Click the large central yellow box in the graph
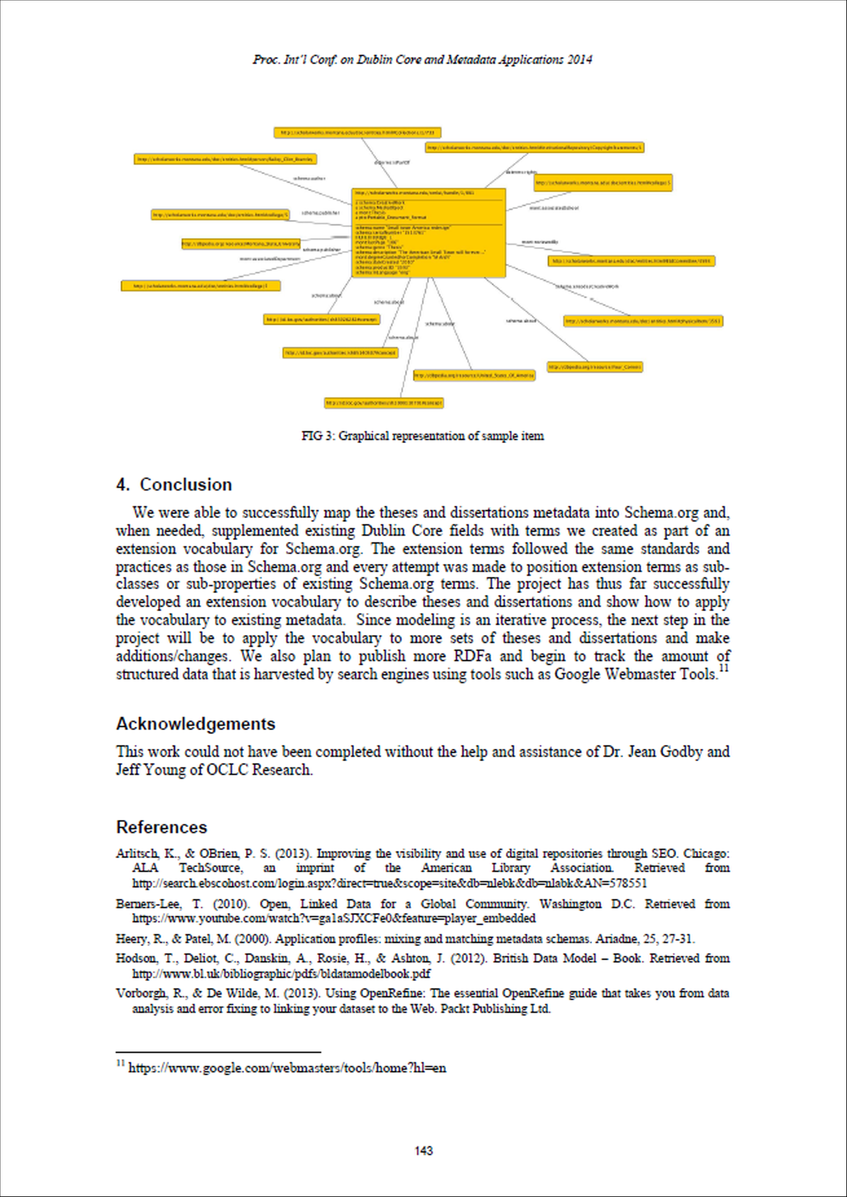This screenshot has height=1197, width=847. point(429,232)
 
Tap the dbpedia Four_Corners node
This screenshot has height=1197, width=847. point(594,367)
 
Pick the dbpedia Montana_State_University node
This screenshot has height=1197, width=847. point(241,243)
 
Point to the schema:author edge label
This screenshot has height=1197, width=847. point(309,178)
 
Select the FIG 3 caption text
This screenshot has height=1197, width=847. point(422,436)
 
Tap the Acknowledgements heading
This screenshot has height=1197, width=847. point(196,724)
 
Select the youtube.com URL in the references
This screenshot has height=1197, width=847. point(334,918)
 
